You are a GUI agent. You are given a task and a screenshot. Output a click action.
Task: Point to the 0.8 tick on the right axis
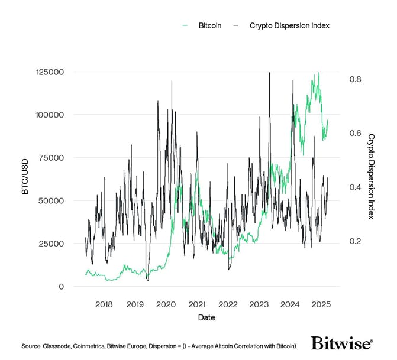pos(355,79)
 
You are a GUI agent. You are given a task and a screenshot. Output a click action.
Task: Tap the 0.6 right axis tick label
pos(355,133)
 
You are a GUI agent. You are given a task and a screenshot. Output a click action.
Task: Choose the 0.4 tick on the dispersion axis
pos(355,187)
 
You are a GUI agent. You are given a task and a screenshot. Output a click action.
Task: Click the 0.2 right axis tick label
pos(355,241)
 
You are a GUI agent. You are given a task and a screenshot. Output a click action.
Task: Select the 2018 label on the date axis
pos(104,304)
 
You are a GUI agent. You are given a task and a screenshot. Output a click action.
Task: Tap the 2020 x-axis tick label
pos(166,304)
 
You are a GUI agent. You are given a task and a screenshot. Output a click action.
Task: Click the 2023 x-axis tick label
pos(259,304)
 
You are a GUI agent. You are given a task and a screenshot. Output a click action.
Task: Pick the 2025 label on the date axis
pos(320,304)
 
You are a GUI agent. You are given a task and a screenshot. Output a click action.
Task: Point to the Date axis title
pos(206,317)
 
